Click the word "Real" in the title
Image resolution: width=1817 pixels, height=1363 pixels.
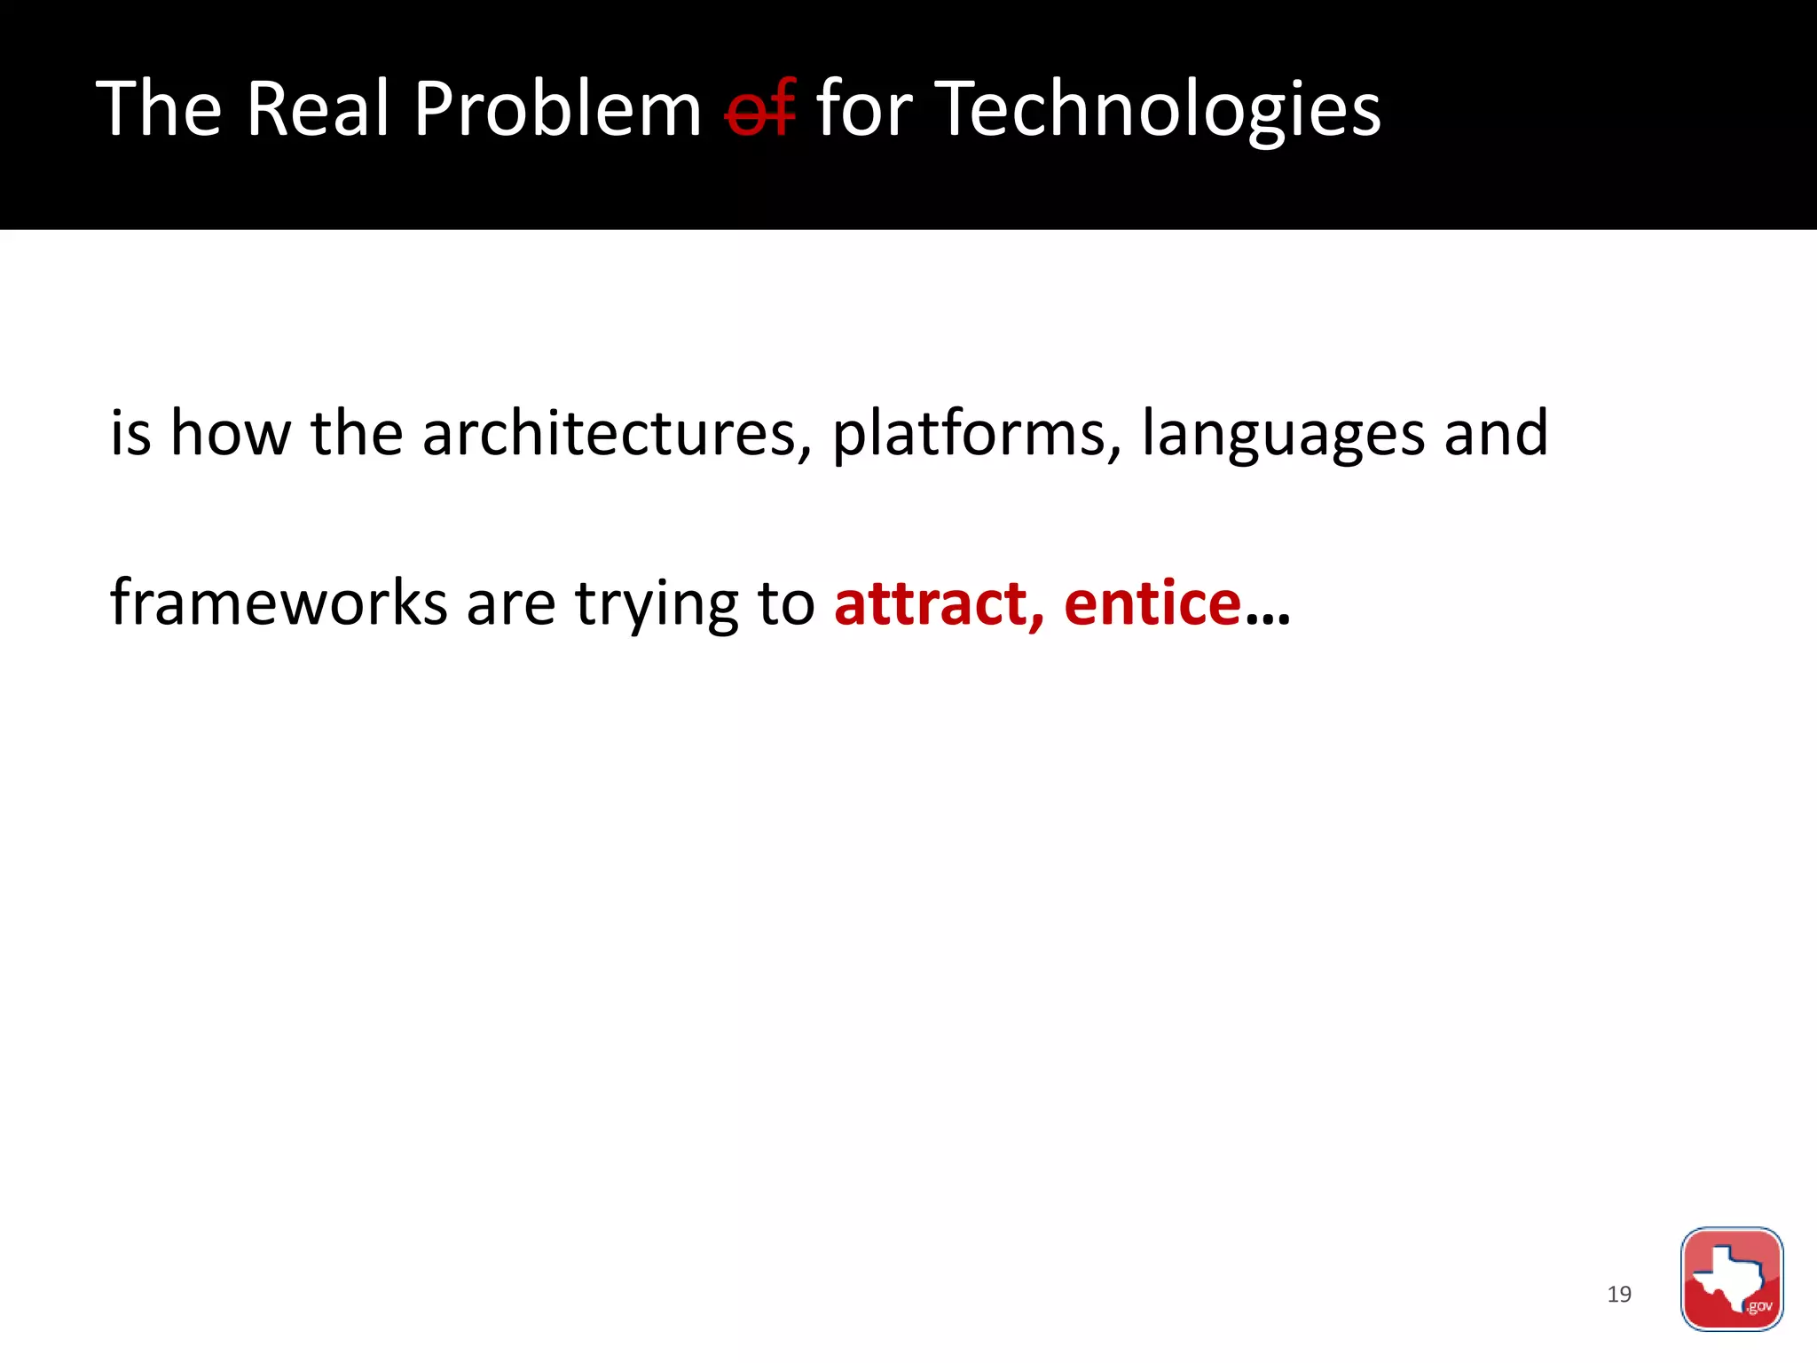click(318, 109)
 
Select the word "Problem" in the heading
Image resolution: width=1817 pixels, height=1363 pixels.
click(558, 109)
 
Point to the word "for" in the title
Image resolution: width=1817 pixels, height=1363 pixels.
click(863, 109)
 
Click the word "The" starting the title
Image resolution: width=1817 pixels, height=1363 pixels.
click(159, 109)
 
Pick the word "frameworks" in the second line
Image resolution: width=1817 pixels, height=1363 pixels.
click(279, 603)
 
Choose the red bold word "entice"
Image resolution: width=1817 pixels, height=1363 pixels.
click(1152, 603)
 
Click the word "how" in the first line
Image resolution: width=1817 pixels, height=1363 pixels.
click(230, 433)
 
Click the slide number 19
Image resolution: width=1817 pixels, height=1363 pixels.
click(1619, 1295)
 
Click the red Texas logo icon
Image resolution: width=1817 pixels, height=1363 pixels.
click(1731, 1279)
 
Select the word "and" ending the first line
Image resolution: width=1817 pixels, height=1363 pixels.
click(1496, 433)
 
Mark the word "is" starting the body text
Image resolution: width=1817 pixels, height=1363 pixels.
click(130, 433)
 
